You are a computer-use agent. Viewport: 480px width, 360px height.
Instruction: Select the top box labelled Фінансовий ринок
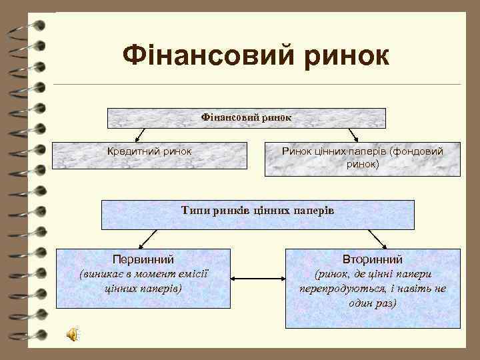[x=247, y=117]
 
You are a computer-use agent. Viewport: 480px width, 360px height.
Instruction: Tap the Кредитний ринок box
[x=150, y=159]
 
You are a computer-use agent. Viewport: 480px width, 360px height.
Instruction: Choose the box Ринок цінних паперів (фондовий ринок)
[x=362, y=159]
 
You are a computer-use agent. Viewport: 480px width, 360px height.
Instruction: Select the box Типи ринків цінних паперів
[x=258, y=214]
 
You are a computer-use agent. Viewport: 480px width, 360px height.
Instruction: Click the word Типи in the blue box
[x=196, y=211]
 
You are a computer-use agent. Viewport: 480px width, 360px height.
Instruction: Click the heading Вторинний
[x=372, y=259]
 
